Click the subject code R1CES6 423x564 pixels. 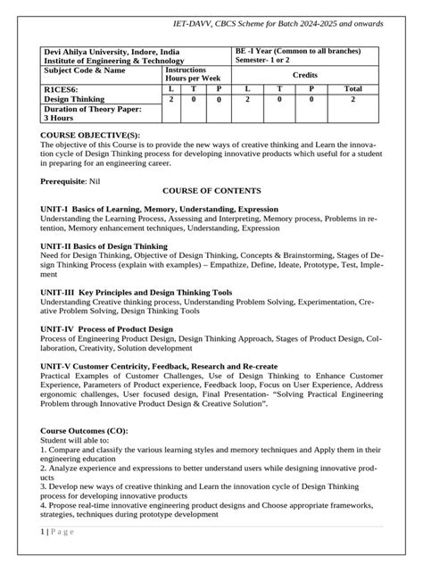click(x=60, y=89)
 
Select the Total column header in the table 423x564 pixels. click(x=352, y=89)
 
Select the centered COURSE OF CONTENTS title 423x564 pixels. click(x=211, y=192)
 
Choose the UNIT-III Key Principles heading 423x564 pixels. click(x=136, y=292)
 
